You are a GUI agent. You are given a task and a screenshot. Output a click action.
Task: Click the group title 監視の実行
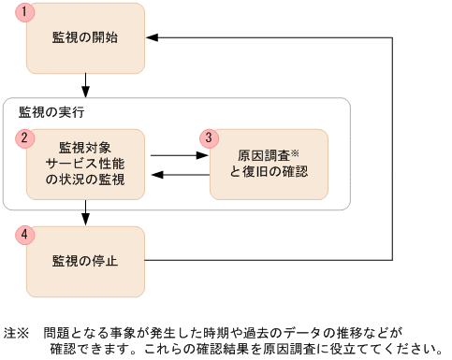[x=51, y=113]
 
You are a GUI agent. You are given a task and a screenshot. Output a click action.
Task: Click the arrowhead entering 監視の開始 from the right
[x=153, y=38]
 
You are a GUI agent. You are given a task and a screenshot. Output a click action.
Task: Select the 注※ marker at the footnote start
[x=17, y=333]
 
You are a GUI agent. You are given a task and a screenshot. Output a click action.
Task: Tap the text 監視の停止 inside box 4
[x=85, y=260]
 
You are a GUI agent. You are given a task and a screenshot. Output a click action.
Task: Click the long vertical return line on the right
[x=391, y=150]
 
